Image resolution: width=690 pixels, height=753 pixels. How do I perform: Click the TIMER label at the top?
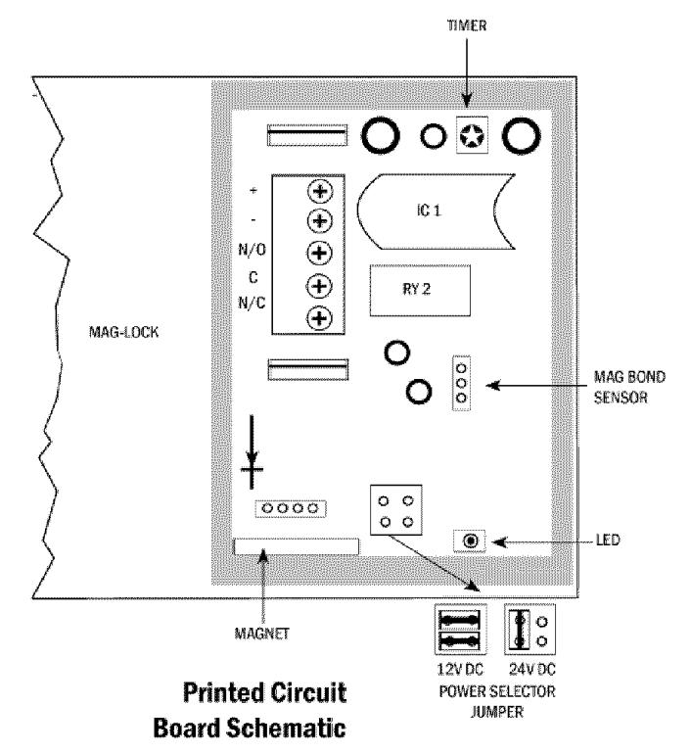[467, 25]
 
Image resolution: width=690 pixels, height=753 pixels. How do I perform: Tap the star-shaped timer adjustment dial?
[472, 136]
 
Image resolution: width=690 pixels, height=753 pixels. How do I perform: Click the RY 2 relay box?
[420, 290]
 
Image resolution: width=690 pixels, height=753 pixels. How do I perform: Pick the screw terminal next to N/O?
[320, 253]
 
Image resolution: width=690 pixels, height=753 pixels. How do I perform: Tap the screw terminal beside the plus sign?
[320, 192]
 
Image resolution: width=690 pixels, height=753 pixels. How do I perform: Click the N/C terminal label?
[252, 303]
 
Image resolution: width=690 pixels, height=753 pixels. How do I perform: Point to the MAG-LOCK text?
[123, 332]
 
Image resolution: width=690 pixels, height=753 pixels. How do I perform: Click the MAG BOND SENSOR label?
[629, 387]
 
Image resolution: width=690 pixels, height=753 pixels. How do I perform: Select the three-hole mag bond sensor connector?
[461, 383]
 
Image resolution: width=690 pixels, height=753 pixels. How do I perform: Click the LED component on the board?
[471, 541]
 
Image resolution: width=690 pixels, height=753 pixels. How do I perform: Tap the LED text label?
[608, 540]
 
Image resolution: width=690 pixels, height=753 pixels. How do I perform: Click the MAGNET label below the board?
[262, 634]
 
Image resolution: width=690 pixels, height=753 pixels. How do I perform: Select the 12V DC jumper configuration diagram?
[461, 630]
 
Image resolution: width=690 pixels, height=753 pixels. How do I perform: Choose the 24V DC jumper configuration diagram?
[529, 630]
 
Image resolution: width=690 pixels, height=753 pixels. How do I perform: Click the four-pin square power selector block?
[396, 510]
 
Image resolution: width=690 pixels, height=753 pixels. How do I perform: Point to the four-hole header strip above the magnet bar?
[291, 508]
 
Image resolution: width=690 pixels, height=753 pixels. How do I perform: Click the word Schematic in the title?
[286, 728]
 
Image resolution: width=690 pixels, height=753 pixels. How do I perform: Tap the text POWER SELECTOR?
[497, 691]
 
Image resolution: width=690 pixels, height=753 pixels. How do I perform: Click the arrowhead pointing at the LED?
[499, 542]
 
